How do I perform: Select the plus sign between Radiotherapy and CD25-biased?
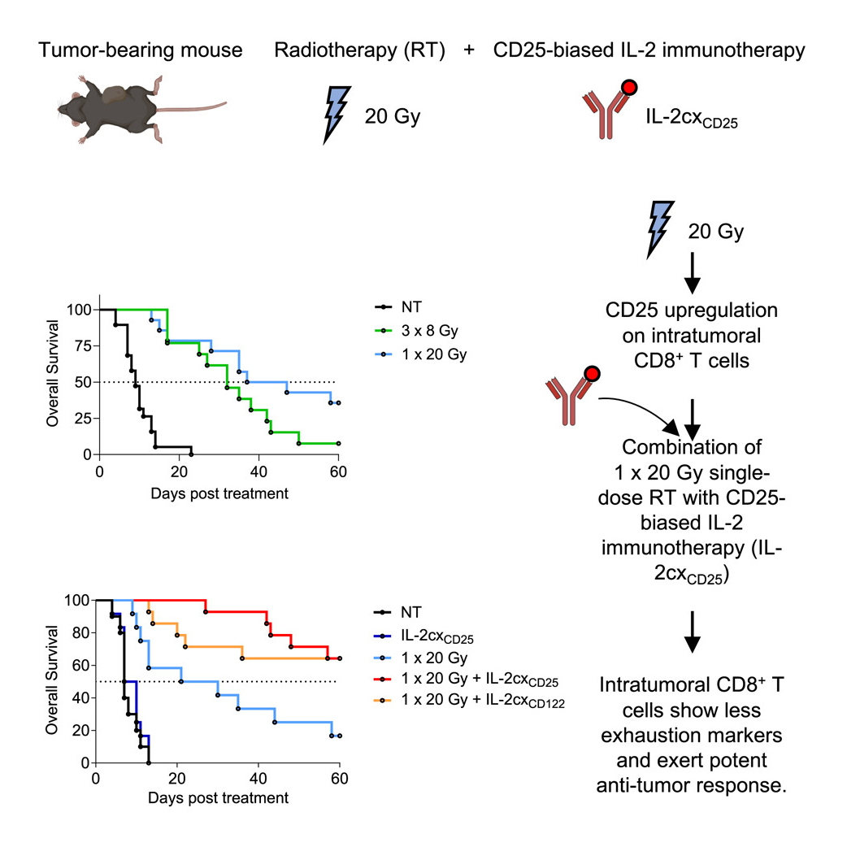469,50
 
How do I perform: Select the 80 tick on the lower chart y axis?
82,632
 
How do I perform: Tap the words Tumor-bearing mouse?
140,50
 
